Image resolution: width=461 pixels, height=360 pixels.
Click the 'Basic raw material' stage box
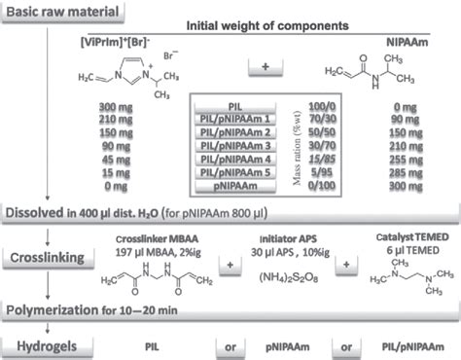65,14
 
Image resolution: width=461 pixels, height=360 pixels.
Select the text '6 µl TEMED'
406,227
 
